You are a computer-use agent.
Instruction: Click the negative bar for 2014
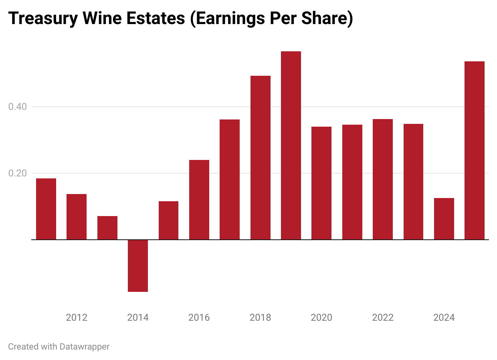138,265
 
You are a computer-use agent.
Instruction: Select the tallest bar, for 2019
291,145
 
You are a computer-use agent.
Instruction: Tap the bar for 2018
260,158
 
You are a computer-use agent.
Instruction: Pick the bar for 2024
444,218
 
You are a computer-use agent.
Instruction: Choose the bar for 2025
475,150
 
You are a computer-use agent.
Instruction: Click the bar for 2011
46,209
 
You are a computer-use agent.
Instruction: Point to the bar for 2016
199,200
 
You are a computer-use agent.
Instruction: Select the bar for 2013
107,228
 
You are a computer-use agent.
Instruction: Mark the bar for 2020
321,183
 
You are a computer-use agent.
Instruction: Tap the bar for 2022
383,179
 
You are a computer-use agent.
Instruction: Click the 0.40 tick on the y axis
18,107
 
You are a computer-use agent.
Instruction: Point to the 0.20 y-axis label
18,173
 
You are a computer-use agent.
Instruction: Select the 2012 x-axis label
77,318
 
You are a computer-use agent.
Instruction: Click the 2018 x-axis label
260,318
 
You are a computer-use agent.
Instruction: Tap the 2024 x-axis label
444,318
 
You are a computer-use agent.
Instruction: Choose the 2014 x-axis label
138,318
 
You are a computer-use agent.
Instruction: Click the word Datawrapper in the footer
84,346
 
